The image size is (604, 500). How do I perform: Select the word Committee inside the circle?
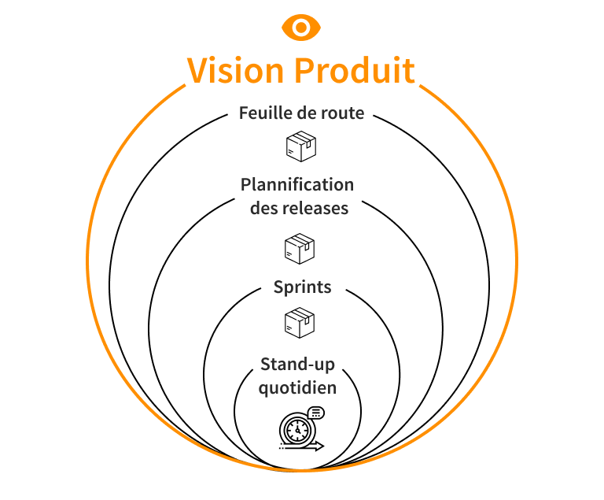pyautogui.click(x=293, y=184)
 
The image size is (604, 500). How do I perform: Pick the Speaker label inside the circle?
pyautogui.click(x=308, y=287)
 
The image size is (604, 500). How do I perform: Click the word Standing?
pyautogui.click(x=299, y=364)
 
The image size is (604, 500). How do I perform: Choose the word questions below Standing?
pyautogui.click(x=304, y=388)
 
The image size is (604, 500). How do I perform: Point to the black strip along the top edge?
pyautogui.click(x=302, y=6)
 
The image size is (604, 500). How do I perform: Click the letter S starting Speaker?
pyautogui.click(x=279, y=287)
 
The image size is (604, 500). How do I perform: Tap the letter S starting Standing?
pyautogui.click(x=266, y=364)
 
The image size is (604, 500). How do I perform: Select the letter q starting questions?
pyautogui.click(x=263, y=389)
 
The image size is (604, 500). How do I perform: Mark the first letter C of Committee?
pyautogui.click(x=246, y=184)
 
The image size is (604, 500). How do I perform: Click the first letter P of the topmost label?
pyautogui.click(x=245, y=113)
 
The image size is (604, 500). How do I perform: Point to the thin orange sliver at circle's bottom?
pyautogui.click(x=283, y=470)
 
